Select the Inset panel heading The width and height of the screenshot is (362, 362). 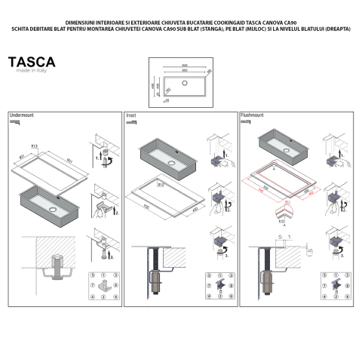coord(130,115)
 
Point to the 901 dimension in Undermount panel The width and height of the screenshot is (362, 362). coord(69,160)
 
